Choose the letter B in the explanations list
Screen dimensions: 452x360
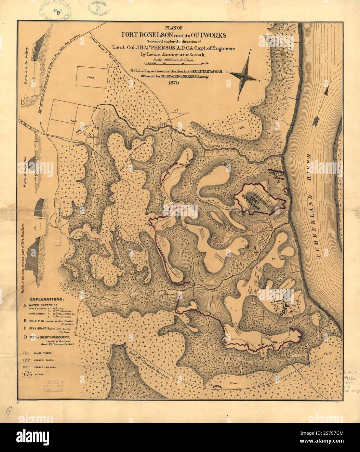point(25,320)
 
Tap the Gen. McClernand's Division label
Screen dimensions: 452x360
point(148,364)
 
